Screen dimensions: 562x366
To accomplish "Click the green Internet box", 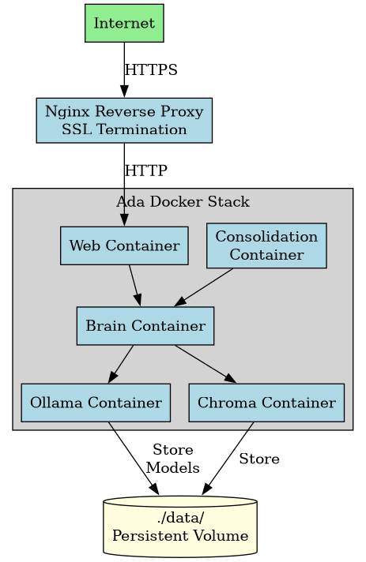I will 124,23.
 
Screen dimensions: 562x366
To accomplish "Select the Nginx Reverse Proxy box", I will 124,120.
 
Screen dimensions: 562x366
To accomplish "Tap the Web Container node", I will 124,245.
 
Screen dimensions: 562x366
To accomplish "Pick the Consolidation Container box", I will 266,245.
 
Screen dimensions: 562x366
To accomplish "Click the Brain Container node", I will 145,326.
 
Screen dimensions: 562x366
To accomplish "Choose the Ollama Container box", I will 96,403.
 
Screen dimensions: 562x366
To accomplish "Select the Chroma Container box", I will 266,403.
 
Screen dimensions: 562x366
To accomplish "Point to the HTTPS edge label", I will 151,70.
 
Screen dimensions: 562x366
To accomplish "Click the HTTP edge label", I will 146,170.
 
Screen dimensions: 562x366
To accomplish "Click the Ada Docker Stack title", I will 183,202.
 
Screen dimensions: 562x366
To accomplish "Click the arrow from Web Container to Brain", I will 135,285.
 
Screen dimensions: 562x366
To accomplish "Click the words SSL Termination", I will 124,129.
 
